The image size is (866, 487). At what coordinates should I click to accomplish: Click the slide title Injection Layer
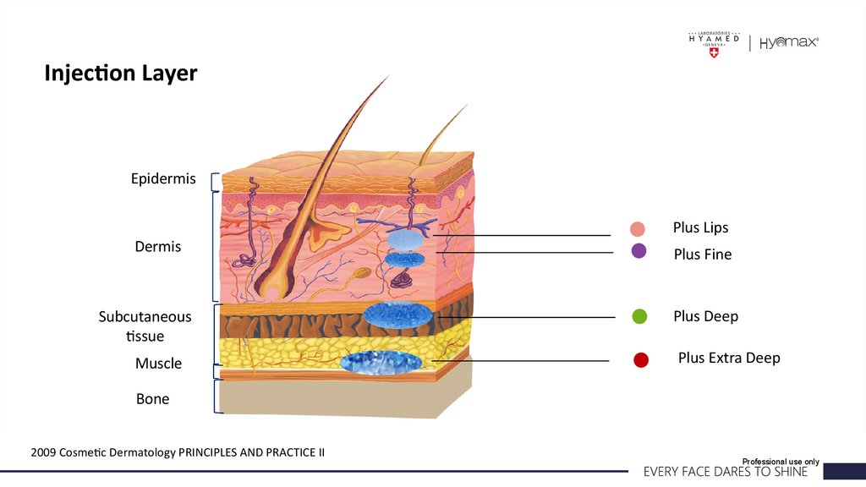(120, 74)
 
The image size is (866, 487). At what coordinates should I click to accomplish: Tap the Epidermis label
(163, 179)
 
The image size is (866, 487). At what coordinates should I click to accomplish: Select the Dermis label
(158, 247)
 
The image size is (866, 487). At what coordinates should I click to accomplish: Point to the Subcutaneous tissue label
(145, 326)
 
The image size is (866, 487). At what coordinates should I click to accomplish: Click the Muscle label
(158, 364)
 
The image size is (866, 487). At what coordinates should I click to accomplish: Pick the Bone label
(152, 398)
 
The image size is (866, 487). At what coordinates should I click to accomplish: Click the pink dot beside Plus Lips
(638, 228)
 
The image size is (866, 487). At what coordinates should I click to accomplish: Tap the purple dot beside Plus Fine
(639, 250)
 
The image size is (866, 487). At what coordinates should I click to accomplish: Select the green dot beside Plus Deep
(639, 316)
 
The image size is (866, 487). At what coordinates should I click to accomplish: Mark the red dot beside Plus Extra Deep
(640, 360)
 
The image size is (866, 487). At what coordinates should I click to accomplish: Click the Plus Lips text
(700, 227)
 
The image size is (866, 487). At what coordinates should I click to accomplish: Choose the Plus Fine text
(703, 254)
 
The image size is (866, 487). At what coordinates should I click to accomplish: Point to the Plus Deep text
(705, 316)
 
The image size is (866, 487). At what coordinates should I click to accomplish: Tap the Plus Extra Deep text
(729, 358)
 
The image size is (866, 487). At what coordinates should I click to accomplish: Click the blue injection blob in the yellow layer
(381, 362)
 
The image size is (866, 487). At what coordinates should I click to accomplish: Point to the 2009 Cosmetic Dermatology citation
(178, 452)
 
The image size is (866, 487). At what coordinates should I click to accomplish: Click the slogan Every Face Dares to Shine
(726, 472)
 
